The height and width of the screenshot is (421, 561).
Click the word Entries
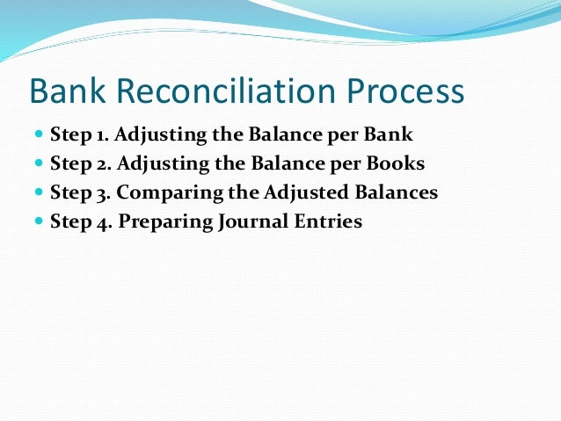[327, 221]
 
